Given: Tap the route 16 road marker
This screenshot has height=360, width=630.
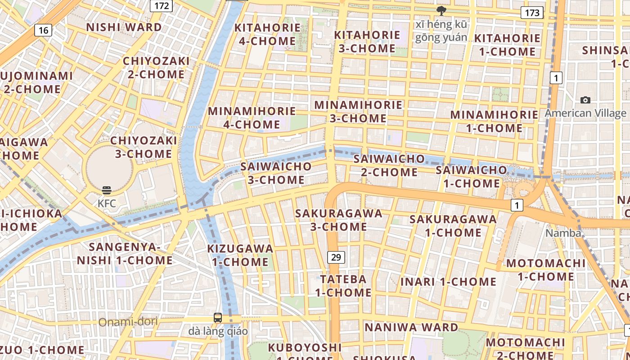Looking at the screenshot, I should [x=43, y=30].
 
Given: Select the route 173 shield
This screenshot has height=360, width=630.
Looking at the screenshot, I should [x=532, y=13].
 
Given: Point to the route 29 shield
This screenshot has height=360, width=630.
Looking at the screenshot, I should [x=336, y=257].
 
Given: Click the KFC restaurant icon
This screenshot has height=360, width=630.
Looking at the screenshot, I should [x=107, y=190].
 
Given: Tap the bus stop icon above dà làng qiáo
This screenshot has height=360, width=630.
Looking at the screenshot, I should [x=218, y=317].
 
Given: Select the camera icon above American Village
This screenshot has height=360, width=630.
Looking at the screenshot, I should [x=585, y=100].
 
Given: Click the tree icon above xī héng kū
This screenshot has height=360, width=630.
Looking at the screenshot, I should [x=441, y=10].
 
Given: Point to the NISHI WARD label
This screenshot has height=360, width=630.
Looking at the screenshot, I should [x=124, y=27].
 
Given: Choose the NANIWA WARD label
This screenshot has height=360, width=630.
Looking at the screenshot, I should [x=411, y=327].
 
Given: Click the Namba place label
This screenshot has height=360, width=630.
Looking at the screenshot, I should [x=563, y=233].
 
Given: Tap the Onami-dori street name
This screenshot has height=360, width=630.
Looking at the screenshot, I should [x=128, y=322].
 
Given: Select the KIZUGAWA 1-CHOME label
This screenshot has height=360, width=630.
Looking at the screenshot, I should [x=240, y=255].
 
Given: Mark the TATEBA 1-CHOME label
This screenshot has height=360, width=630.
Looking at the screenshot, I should [x=343, y=286].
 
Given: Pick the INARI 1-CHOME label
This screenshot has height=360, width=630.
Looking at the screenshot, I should [x=448, y=282].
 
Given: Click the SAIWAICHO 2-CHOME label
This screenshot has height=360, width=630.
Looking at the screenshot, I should [x=389, y=165].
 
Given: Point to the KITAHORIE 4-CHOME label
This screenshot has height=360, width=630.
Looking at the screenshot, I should [x=267, y=34].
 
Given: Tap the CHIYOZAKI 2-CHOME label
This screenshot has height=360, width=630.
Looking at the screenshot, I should [x=156, y=67].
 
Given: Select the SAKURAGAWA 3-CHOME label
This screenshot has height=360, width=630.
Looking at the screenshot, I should [x=338, y=220].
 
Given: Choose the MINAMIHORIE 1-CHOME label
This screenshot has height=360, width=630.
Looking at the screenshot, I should [x=494, y=121].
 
